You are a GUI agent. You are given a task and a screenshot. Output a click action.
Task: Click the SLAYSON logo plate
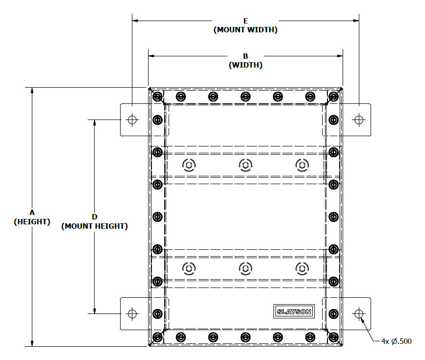click(293, 312)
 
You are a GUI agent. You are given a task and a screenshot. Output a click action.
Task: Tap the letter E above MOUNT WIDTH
click(246, 21)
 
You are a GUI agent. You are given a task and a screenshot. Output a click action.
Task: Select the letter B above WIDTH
click(246, 56)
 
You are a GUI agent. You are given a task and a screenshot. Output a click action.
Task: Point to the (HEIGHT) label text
click(32, 221)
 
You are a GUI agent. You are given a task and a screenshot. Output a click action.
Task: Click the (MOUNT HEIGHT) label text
click(95, 226)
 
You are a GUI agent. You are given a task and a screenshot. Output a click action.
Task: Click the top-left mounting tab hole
click(132, 119)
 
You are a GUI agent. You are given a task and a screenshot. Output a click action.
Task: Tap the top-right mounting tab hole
click(359, 119)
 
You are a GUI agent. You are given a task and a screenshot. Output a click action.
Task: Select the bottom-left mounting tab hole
click(132, 313)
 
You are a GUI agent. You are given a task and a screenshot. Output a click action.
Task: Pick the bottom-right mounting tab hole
click(359, 313)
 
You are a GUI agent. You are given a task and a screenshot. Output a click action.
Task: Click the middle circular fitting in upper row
click(246, 165)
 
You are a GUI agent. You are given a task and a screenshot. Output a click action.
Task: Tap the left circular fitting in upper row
click(189, 165)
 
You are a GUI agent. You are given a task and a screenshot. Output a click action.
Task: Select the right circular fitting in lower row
click(302, 268)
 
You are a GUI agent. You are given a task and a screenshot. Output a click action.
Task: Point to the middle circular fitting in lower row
click(246, 268)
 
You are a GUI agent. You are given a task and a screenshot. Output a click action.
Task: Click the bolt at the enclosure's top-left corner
click(157, 96)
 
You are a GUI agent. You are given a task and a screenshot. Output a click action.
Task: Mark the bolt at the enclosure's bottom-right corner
click(334, 337)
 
